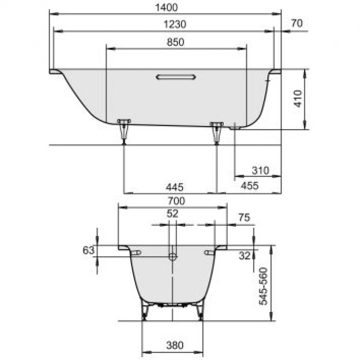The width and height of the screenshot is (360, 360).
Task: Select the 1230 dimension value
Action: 174,24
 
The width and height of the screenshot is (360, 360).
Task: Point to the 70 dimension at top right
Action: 296,23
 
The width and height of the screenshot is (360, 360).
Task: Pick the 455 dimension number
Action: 250,186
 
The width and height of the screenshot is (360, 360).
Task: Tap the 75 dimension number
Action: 244,218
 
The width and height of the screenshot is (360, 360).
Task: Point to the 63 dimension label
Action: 88,250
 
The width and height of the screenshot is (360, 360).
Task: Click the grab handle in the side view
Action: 176,77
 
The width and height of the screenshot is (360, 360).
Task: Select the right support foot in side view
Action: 217,132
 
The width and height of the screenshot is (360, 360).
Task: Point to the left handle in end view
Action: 136,253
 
